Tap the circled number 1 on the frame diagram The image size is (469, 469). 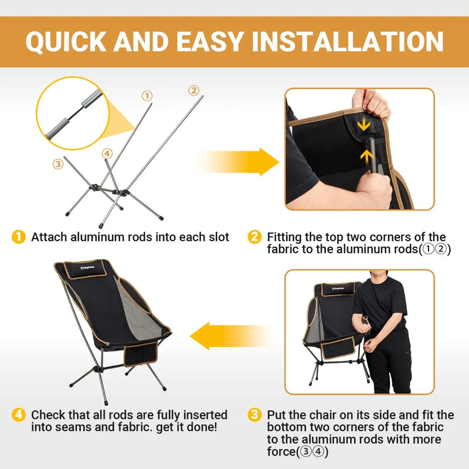click(x=147, y=96)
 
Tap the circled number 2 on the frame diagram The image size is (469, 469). click(x=193, y=90)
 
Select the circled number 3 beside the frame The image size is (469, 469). click(x=57, y=164)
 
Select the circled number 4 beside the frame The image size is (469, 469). click(x=107, y=154)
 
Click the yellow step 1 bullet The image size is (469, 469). click(x=19, y=237)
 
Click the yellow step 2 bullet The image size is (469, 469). click(x=254, y=237)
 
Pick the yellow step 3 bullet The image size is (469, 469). click(x=254, y=415)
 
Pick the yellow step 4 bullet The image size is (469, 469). click(x=19, y=415)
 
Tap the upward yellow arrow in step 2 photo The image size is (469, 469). click(x=366, y=155)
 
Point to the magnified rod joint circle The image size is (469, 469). click(x=69, y=114)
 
